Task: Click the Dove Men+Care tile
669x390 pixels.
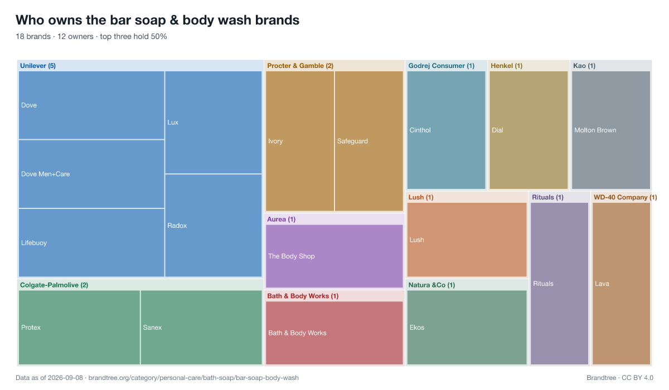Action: pyautogui.click(x=91, y=174)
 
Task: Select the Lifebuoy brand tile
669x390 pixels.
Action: pyautogui.click(x=91, y=242)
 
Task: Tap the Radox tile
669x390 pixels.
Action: pyautogui.click(x=213, y=226)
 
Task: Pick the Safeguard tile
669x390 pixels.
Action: pyautogui.click(x=369, y=141)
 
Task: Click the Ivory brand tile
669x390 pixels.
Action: pyautogui.click(x=300, y=141)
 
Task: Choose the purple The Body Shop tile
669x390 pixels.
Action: pyautogui.click(x=334, y=256)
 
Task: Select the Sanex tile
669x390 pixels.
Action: pyautogui.click(x=201, y=328)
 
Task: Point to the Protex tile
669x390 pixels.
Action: pyautogui.click(x=79, y=328)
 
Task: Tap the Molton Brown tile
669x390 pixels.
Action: pyautogui.click(x=611, y=130)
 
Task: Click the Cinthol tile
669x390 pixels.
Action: pyautogui.click(x=446, y=130)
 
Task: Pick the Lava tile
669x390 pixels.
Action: pyautogui.click(x=621, y=284)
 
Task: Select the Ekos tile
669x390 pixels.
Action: pyautogui.click(x=467, y=328)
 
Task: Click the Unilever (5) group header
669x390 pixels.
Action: pyautogui.click(x=38, y=66)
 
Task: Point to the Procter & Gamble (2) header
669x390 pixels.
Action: pyautogui.click(x=300, y=66)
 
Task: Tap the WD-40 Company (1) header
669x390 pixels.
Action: pyautogui.click(x=625, y=197)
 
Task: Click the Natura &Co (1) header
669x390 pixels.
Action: pyautogui.click(x=432, y=285)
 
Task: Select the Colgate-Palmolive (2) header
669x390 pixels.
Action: pyautogui.click(x=54, y=285)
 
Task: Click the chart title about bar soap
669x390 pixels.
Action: pyautogui.click(x=157, y=20)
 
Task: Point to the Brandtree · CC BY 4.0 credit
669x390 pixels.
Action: pyautogui.click(x=620, y=378)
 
